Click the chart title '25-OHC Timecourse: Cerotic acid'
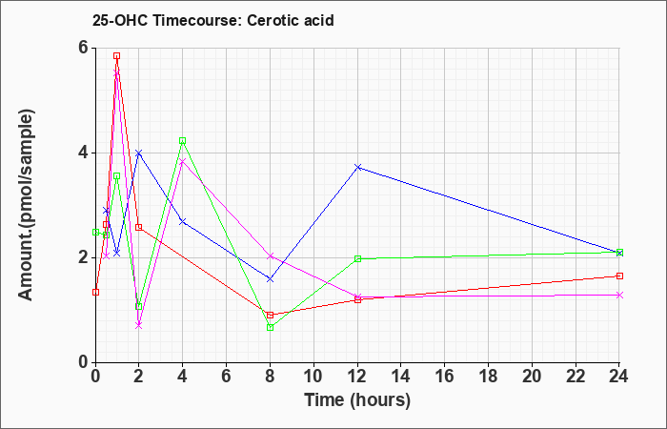pos(213,20)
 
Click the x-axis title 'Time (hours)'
pos(357,400)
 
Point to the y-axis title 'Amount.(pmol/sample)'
pos(27,205)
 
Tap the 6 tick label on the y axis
pos(83,48)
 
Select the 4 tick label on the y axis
pos(83,153)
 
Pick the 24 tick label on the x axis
pos(619,376)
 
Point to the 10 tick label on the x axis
pos(313,376)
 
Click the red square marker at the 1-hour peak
pos(116,55)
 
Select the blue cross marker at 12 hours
pos(358,167)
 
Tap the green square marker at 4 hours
pos(183,141)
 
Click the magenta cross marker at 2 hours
pos(138,326)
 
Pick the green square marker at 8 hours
pos(270,327)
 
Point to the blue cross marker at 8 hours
pos(270,279)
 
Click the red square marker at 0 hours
pos(95,292)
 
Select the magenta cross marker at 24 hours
pos(619,295)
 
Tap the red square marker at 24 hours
pos(619,276)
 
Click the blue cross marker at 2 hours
pos(138,153)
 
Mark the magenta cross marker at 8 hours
pos(270,255)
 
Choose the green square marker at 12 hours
pos(357,258)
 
